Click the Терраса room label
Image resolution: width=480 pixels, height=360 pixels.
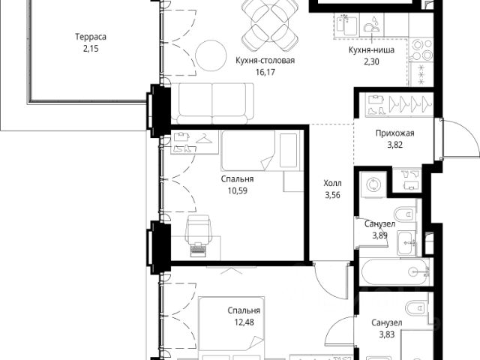tap(91, 37)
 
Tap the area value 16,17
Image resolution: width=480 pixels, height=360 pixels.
tap(265, 72)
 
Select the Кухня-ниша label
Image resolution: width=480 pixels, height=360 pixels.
tap(371, 50)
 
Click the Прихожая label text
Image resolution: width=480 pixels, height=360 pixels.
tap(395, 133)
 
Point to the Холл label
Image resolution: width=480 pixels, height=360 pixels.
tap(332, 183)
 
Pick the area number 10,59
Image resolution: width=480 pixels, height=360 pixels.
tap(237, 190)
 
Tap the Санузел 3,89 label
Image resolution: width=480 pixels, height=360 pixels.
tap(379, 229)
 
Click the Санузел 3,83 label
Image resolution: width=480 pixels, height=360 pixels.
tap(387, 328)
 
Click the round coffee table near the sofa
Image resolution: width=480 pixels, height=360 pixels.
tap(211, 56)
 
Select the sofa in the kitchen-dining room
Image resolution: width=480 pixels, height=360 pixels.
tap(212, 103)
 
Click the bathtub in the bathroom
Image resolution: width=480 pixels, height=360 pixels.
tap(397, 272)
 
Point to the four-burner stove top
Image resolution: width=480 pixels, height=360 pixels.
tap(421, 50)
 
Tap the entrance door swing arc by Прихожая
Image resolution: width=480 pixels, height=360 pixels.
tap(463, 136)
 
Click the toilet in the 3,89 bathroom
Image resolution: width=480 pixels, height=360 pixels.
tap(404, 214)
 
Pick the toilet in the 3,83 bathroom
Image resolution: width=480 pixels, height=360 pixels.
tap(415, 307)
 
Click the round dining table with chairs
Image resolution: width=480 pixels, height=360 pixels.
tap(270, 25)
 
